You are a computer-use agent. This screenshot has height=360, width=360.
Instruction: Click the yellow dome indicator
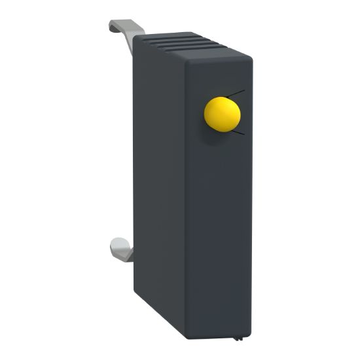pyautogui.click(x=222, y=114)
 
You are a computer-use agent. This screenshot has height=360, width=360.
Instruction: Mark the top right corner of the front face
pyautogui.click(x=251, y=58)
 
